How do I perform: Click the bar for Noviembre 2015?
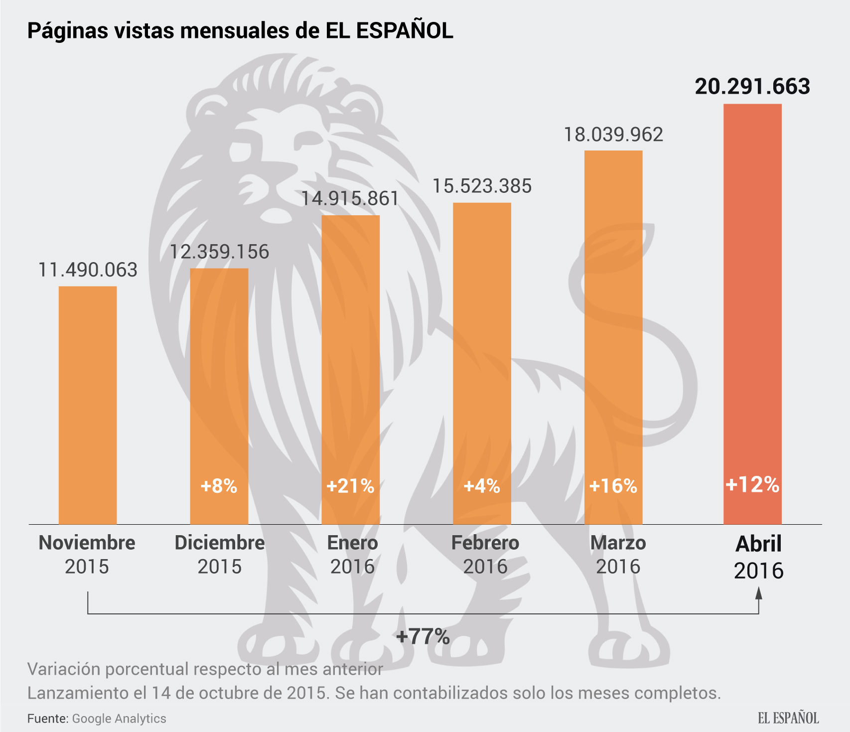88,405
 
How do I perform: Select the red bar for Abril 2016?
752,314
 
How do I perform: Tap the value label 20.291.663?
752,87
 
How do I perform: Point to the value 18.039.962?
613,135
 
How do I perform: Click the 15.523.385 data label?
482,186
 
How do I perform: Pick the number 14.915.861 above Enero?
350,199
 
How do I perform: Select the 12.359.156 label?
219,252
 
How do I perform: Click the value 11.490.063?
88,270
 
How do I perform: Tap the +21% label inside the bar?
350,486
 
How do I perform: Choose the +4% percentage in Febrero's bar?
482,486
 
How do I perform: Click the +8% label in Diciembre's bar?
219,486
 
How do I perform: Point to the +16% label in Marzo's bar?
613,486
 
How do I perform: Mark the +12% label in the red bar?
752,484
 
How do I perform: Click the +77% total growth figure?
423,636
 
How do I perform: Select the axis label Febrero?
485,543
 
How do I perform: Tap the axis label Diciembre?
219,543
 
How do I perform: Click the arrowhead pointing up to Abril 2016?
759,593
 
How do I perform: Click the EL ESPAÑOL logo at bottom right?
788,718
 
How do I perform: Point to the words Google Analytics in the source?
119,719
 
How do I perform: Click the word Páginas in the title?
67,31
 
